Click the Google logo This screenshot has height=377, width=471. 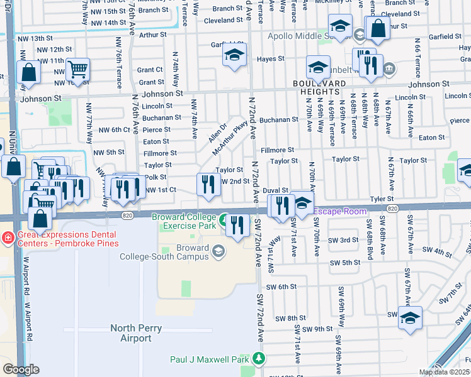point(21,369)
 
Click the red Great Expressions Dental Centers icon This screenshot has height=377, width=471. point(6,238)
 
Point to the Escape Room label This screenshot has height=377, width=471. point(340,211)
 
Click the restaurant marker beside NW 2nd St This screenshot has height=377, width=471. point(207,184)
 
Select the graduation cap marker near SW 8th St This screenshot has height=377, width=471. point(409,318)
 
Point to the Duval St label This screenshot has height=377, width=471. point(275,190)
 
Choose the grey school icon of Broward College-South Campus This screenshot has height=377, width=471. point(218,252)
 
